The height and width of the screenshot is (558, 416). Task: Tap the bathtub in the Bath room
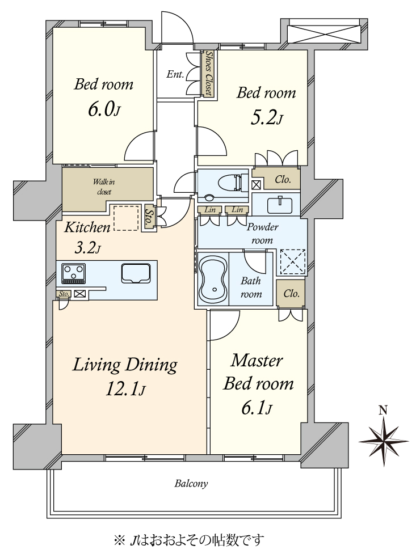(213, 278)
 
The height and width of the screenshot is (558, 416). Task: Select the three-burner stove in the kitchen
(73, 273)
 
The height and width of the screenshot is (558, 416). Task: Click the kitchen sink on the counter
(136, 273)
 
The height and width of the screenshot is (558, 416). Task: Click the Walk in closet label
(104, 187)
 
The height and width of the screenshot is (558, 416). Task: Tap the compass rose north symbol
(383, 441)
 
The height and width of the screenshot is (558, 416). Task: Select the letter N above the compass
(383, 411)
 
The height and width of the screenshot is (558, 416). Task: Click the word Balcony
(191, 484)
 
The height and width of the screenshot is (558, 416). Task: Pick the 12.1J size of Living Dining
(125, 390)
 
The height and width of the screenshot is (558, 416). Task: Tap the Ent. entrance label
(175, 74)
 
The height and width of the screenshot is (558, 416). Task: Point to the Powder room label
(263, 234)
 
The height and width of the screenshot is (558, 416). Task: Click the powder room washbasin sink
(280, 204)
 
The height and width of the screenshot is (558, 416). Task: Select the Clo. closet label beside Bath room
(291, 293)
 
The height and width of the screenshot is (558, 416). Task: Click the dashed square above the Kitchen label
(126, 218)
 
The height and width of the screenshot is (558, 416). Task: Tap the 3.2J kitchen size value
(87, 248)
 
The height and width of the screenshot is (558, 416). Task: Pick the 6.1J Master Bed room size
(257, 408)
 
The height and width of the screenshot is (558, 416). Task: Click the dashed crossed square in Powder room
(292, 262)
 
